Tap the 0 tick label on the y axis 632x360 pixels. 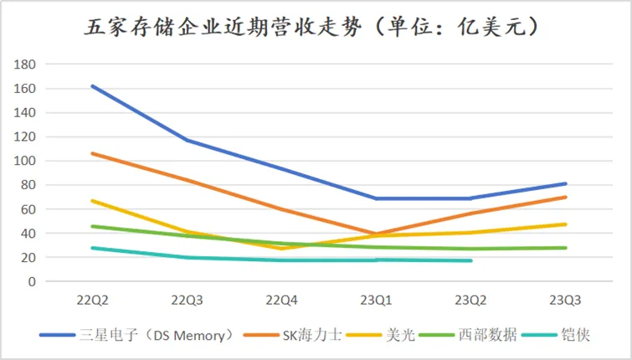click(32, 282)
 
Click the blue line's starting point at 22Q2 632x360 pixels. click(92, 85)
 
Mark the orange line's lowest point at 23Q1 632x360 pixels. click(376, 234)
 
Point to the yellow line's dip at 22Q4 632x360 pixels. click(281, 249)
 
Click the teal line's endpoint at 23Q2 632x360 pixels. click(471, 260)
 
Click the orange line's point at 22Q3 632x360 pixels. click(187, 180)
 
